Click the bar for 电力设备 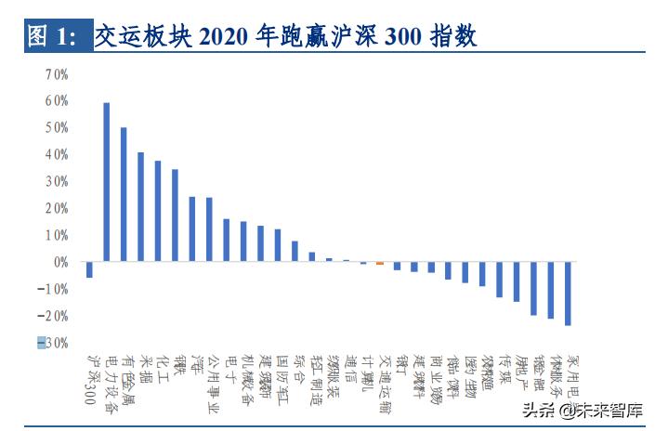106,182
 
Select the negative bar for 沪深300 89,270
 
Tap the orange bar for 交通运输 379,264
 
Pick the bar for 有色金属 124,195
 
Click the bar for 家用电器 567,294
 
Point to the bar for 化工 158,212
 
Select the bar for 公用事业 209,230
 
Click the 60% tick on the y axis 56,100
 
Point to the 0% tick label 59,263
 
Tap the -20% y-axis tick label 54,317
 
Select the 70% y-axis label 56,73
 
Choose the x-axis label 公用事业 213,382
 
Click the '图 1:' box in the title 54,36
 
